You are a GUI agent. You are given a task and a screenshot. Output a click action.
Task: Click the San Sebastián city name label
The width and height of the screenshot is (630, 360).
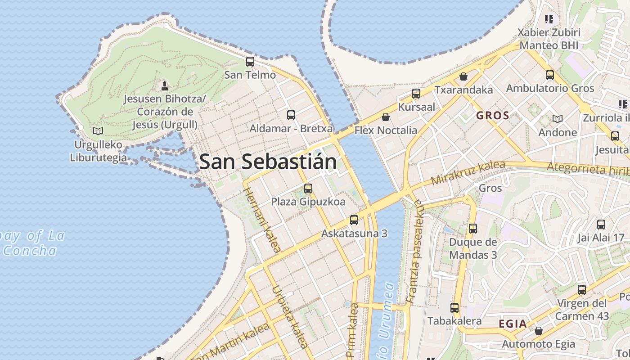[268, 162]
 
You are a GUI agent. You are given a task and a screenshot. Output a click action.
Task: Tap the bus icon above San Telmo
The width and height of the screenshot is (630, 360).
[250, 62]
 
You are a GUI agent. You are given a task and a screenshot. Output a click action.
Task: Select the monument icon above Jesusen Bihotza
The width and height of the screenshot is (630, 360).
[165, 85]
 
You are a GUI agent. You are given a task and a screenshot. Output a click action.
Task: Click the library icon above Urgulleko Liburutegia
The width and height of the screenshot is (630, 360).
[98, 131]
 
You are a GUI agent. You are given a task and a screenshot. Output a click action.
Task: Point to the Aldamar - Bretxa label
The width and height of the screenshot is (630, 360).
[291, 129]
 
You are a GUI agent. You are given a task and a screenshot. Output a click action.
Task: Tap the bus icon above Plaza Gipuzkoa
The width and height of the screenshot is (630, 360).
[308, 188]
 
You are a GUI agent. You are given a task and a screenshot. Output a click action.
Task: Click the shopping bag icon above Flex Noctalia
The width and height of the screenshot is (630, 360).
[386, 117]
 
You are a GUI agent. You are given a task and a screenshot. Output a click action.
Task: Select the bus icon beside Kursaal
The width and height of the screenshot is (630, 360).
[416, 94]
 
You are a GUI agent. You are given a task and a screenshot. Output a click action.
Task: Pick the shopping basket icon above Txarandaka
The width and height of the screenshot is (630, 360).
[463, 76]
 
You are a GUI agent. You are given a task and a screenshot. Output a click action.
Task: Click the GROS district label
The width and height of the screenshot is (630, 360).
[492, 115]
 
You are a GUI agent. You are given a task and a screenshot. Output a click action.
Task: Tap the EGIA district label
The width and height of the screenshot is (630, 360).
[513, 324]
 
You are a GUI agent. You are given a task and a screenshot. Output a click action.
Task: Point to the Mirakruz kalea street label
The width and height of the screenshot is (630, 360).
[468, 173]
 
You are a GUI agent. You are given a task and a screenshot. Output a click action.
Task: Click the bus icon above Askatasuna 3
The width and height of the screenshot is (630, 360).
[354, 220]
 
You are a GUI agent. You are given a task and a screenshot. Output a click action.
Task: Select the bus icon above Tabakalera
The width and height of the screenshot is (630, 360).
[454, 308]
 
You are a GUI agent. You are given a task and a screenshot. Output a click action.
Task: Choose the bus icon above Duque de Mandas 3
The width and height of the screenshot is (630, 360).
[473, 228]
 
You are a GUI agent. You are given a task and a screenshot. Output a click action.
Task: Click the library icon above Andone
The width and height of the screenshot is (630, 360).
[558, 119]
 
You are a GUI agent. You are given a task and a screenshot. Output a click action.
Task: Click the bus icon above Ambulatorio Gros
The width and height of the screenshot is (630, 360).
[550, 75]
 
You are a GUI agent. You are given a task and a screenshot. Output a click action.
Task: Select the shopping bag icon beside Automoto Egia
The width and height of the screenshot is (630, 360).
[539, 331]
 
